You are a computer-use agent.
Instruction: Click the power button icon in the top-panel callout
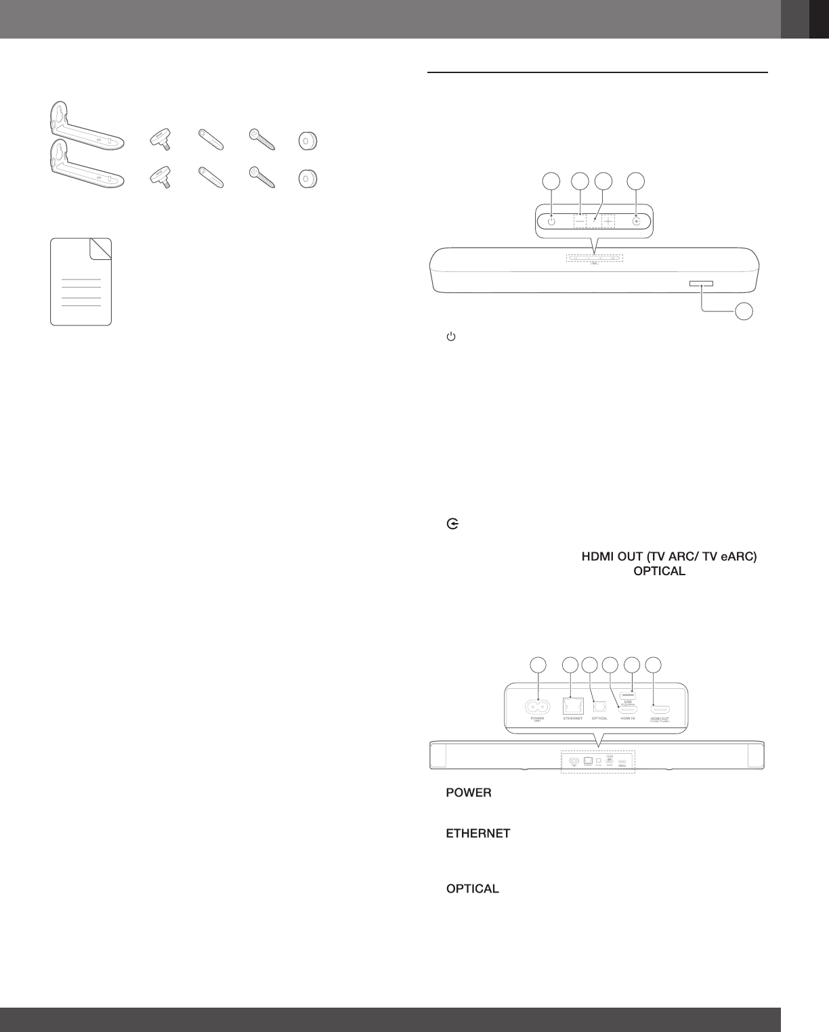pyautogui.click(x=551, y=221)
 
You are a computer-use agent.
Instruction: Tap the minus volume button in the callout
pyautogui.click(x=580, y=221)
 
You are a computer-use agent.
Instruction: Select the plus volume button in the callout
pyautogui.click(x=608, y=221)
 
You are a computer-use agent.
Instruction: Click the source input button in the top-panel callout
pyautogui.click(x=637, y=221)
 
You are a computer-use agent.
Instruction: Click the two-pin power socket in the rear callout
pyautogui.click(x=538, y=706)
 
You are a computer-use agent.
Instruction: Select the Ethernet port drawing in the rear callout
pyautogui.click(x=572, y=706)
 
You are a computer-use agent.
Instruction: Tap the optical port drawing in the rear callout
pyautogui.click(x=599, y=706)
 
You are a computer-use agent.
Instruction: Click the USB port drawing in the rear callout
pyautogui.click(x=628, y=695)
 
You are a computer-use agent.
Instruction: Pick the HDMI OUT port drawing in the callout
pyautogui.click(x=660, y=709)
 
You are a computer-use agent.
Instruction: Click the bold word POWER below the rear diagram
pyautogui.click(x=468, y=792)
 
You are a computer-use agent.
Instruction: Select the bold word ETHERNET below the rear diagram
pyautogui.click(x=477, y=834)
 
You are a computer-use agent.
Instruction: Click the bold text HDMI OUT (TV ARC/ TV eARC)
pyautogui.click(x=668, y=557)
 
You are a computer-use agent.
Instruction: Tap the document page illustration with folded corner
pyautogui.click(x=81, y=282)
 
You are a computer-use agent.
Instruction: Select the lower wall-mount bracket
pyautogui.click(x=84, y=166)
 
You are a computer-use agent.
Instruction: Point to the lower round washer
pyautogui.click(x=308, y=179)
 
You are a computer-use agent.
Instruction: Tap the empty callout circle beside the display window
pyautogui.click(x=744, y=311)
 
